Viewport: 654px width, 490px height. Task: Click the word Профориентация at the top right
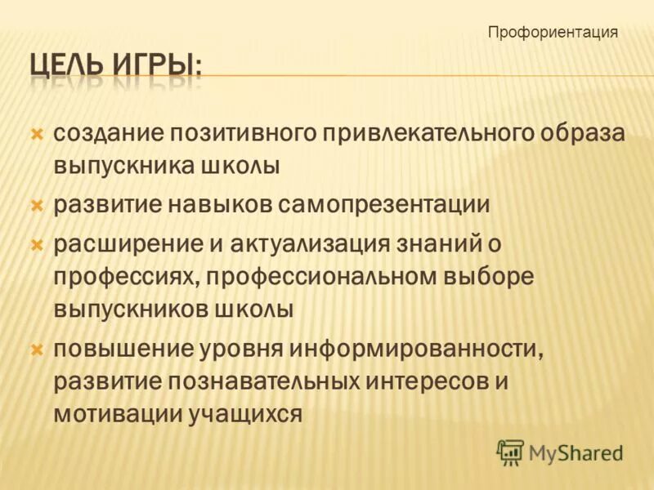(553, 33)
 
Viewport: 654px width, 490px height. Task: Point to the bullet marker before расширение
(37, 243)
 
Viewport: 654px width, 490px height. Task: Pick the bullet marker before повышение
(37, 349)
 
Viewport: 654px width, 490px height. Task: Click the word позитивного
(240, 133)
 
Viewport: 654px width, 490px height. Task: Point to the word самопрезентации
(384, 204)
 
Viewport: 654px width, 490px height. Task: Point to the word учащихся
(245, 413)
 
